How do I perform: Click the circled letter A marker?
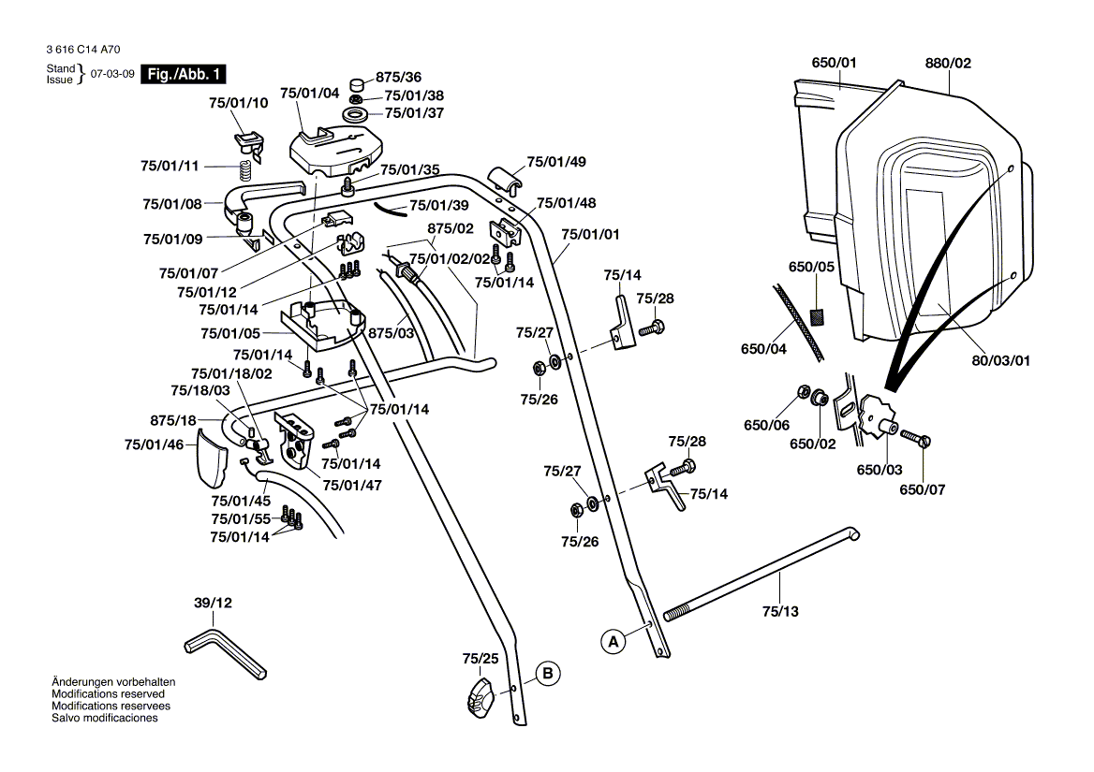point(614,642)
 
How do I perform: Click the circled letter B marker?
point(549,672)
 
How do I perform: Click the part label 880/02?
point(948,64)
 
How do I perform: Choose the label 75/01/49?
point(556,162)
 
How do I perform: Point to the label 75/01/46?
point(155,444)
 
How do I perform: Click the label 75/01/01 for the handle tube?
point(590,234)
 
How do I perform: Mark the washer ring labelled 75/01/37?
point(357,114)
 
